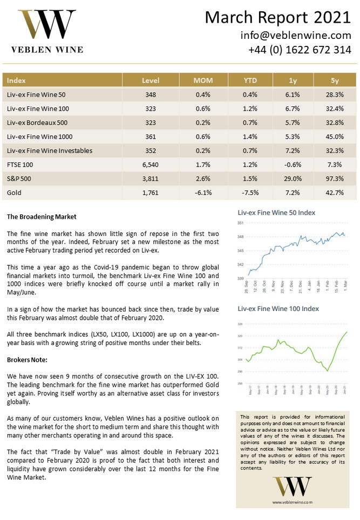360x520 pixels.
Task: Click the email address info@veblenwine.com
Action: [296, 36]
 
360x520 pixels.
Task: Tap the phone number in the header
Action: [300, 50]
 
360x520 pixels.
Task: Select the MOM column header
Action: [203, 80]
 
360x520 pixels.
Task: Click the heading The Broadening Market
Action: [42, 217]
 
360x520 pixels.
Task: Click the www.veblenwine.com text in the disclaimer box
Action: [292, 502]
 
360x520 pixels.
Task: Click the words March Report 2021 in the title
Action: [277, 17]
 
